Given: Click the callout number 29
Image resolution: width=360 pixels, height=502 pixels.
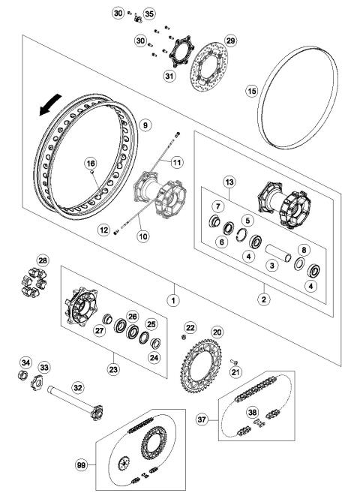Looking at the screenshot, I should pos(230,40).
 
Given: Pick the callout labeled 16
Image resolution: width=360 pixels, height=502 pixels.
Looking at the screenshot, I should pos(91,163).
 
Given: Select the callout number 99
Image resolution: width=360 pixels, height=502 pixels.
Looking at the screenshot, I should pos(83,465).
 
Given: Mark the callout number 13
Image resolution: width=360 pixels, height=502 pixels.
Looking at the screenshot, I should pos(229,182).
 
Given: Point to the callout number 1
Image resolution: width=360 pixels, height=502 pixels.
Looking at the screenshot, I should pos(173,299).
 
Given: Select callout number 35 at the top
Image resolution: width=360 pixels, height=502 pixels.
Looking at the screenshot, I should pos(148,14).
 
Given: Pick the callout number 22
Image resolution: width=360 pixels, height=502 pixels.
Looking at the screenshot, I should pos(190,328).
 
